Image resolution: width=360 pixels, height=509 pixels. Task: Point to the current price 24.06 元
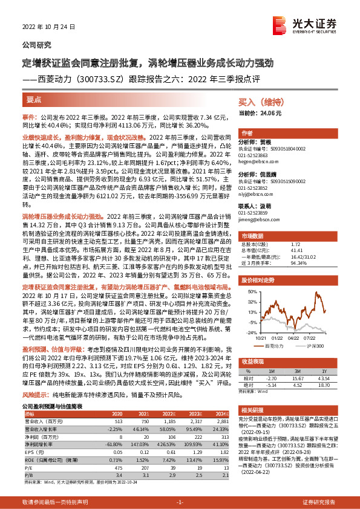point(261,112)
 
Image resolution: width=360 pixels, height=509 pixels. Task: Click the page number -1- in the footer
point(180,502)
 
